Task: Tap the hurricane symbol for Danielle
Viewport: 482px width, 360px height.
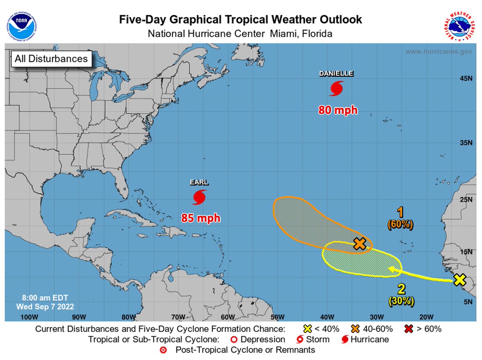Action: point(336,89)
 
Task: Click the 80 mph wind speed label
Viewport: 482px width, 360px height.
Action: point(338,110)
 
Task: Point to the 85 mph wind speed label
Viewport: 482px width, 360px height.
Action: point(200,218)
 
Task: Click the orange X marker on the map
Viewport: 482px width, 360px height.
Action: point(360,244)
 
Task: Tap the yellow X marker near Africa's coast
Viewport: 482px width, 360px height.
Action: point(460,280)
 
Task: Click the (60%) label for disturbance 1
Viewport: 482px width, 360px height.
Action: point(400,225)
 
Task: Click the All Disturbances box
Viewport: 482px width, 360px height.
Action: point(51,59)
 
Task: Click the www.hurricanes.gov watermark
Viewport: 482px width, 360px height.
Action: point(438,51)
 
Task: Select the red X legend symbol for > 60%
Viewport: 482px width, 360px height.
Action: point(408,329)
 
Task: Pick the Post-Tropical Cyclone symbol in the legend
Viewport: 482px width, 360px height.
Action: point(163,350)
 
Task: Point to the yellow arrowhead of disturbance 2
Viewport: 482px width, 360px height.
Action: point(391,270)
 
